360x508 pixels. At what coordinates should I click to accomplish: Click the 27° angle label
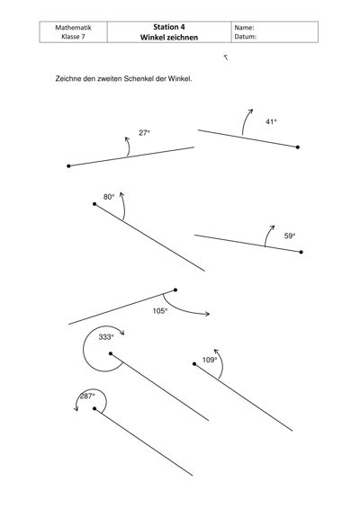pos(144,133)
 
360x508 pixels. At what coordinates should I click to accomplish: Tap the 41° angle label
pos(271,121)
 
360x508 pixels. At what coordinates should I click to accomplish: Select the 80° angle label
pos(109,197)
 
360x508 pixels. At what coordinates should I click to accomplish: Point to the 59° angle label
pos(290,236)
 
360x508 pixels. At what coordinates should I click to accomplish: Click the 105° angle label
pos(160,311)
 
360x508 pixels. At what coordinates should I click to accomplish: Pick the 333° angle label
pos(106,337)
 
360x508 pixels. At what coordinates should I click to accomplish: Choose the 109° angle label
pos(210,360)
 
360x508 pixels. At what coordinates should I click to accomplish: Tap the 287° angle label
pos(87,397)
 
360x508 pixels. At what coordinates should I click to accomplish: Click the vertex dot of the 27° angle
pos(68,166)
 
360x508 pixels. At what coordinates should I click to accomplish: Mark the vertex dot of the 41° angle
pos(298,147)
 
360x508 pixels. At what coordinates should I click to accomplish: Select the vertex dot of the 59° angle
pos(301,252)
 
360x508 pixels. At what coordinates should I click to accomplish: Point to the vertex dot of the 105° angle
pos(175,290)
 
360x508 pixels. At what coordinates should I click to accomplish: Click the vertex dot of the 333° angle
pos(111,353)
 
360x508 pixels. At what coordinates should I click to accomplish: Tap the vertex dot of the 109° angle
pos(194,364)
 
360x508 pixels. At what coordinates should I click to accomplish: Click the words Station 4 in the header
pos(169,27)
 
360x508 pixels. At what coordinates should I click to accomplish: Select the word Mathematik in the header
pos(73,28)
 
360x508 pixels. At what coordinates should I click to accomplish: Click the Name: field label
pos(244,28)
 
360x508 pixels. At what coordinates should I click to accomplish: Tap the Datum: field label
pos(246,37)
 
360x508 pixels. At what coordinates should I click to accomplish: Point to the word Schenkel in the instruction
pos(139,79)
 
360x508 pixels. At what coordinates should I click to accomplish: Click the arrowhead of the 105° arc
pos(208,314)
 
